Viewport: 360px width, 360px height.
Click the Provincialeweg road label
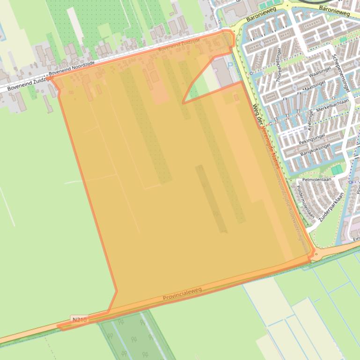pyautogui.click(x=182, y=294)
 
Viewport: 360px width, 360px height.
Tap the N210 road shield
pyautogui.click(x=79, y=320)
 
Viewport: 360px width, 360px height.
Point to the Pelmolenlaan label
pyautogui.click(x=317, y=179)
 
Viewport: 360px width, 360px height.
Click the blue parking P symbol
pyautogui.click(x=229, y=66)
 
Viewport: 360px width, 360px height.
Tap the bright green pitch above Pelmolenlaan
pyautogui.click(x=337, y=169)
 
